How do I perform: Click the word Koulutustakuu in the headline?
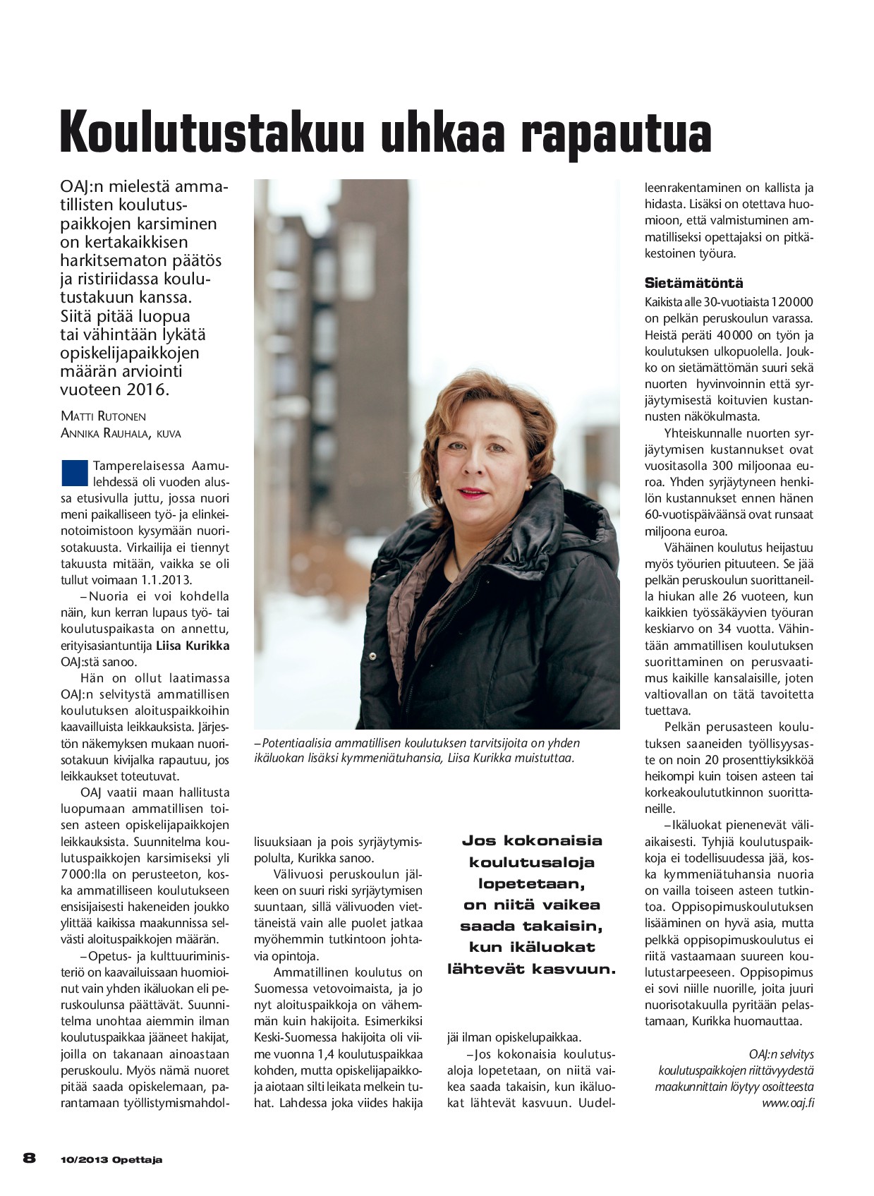(x=212, y=133)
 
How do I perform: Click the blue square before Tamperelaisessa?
(x=74, y=473)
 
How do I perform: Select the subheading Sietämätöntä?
(x=693, y=284)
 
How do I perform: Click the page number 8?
(x=30, y=1158)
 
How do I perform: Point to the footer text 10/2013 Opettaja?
(x=111, y=1159)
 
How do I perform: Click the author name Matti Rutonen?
(x=104, y=416)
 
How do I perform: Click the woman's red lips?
(x=472, y=491)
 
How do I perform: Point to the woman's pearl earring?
(x=528, y=486)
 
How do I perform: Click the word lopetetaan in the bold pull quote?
(x=531, y=883)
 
